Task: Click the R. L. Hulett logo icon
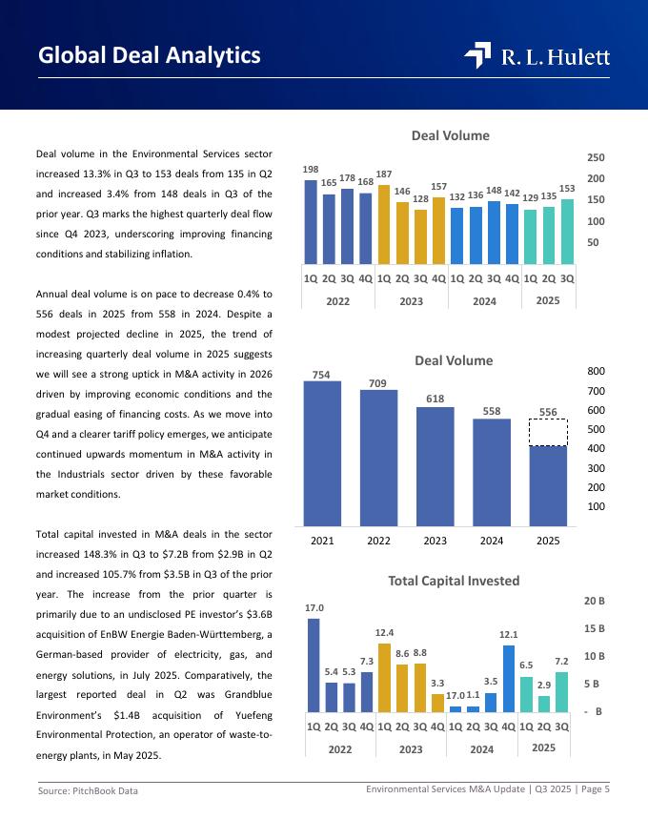477,56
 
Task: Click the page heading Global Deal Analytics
149,55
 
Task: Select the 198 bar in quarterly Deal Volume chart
311,221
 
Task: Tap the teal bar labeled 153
567,231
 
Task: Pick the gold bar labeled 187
384,224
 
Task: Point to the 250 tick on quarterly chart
596,157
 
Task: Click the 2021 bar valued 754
322,454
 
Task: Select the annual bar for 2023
435,466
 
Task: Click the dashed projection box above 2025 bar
548,432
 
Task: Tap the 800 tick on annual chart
596,371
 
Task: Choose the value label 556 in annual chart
548,411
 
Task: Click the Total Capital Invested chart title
454,580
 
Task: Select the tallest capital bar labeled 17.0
314,665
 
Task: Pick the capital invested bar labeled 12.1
508,679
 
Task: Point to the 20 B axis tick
595,602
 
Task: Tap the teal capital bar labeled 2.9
543,704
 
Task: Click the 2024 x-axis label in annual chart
492,542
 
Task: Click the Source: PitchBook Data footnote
88,791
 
